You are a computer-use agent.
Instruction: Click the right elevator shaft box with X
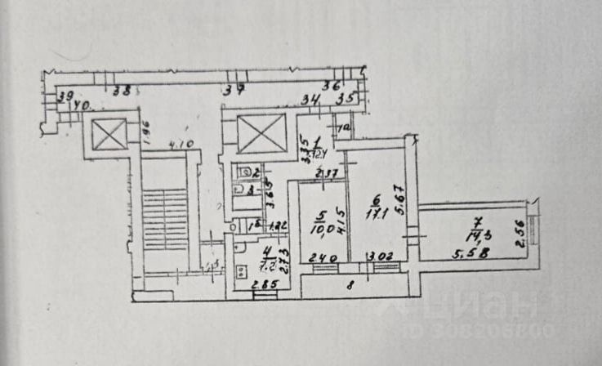click(x=261, y=133)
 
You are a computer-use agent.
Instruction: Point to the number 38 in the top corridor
click(x=123, y=91)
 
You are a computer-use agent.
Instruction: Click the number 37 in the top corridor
click(x=235, y=91)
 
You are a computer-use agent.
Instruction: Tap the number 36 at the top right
click(x=330, y=85)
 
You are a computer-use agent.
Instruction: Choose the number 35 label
click(x=346, y=100)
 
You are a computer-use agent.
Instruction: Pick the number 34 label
click(x=310, y=100)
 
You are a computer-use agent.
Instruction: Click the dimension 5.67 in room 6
click(x=399, y=199)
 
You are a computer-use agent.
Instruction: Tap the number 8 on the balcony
click(x=350, y=286)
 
